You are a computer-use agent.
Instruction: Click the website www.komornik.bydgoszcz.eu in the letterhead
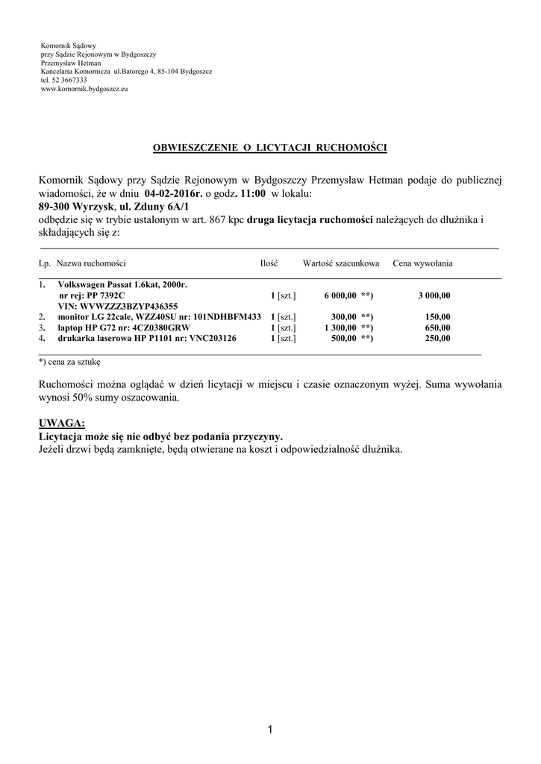point(84,89)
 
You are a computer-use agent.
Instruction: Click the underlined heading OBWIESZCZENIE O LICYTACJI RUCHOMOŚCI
point(270,148)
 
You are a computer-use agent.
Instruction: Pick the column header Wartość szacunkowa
point(341,263)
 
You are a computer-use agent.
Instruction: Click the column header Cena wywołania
point(422,263)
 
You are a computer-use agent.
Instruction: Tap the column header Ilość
point(269,263)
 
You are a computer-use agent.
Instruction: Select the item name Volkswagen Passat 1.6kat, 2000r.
point(122,285)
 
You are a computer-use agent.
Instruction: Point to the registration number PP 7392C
point(106,295)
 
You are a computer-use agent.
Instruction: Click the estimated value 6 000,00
point(340,295)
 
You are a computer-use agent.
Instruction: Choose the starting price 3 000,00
point(434,295)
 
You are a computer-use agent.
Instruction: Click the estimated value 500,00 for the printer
point(343,338)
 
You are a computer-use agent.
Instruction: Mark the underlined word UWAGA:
point(61,424)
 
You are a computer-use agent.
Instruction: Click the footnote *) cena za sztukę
point(69,361)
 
